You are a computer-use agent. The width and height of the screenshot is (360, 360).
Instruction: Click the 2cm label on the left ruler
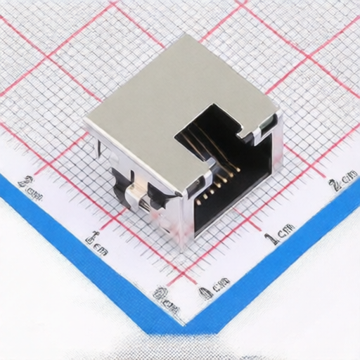click(31, 188)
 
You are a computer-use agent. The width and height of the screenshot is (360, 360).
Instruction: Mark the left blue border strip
click(77, 253)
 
